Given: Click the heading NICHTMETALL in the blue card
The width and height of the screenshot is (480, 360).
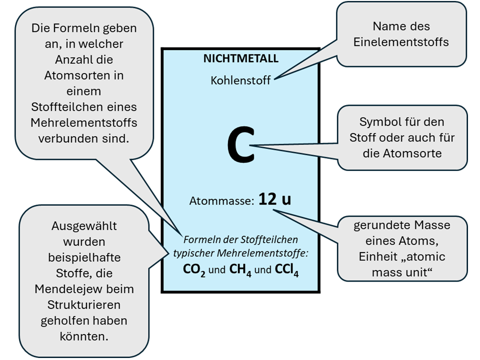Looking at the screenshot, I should tap(240, 58).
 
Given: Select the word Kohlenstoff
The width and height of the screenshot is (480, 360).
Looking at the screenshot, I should tap(240, 80).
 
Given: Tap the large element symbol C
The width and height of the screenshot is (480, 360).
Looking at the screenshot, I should tap(240, 145).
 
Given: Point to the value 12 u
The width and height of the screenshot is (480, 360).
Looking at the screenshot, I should tap(274, 199).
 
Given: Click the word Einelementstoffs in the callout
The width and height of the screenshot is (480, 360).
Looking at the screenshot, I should tap(401, 42).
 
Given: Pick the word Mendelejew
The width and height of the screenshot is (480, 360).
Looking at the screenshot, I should tap(84, 289).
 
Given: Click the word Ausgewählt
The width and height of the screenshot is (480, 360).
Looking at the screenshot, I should tap(84, 225).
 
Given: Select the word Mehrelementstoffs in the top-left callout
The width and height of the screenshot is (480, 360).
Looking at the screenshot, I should tap(84, 122).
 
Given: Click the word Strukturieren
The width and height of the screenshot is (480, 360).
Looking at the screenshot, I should tap(84, 305).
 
